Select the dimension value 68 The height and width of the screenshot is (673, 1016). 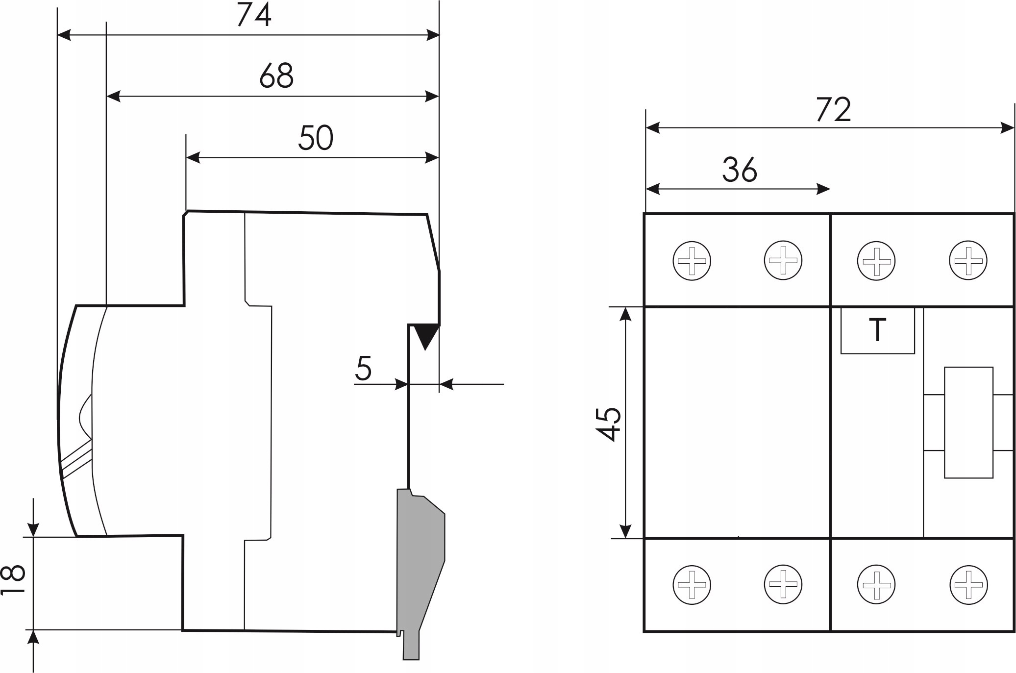coord(276,76)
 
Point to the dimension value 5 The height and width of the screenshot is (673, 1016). coord(363,369)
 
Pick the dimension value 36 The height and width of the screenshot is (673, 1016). coord(740,170)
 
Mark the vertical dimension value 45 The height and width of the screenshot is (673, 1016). coord(610,424)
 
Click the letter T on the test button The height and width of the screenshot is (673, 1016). coord(877,330)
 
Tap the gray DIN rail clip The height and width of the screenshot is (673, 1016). coord(421,554)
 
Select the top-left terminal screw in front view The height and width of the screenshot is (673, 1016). coord(692,260)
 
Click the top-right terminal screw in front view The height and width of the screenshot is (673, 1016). coord(968,260)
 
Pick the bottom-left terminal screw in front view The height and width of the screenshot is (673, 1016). coord(692,584)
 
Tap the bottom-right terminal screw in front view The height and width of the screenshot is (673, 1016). coord(968,584)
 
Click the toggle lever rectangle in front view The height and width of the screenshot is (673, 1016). coord(968,422)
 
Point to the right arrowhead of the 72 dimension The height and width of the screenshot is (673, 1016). coord(1007,128)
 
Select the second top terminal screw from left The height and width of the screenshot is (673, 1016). coord(783,260)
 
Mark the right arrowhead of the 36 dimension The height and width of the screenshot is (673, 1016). coord(823,189)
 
